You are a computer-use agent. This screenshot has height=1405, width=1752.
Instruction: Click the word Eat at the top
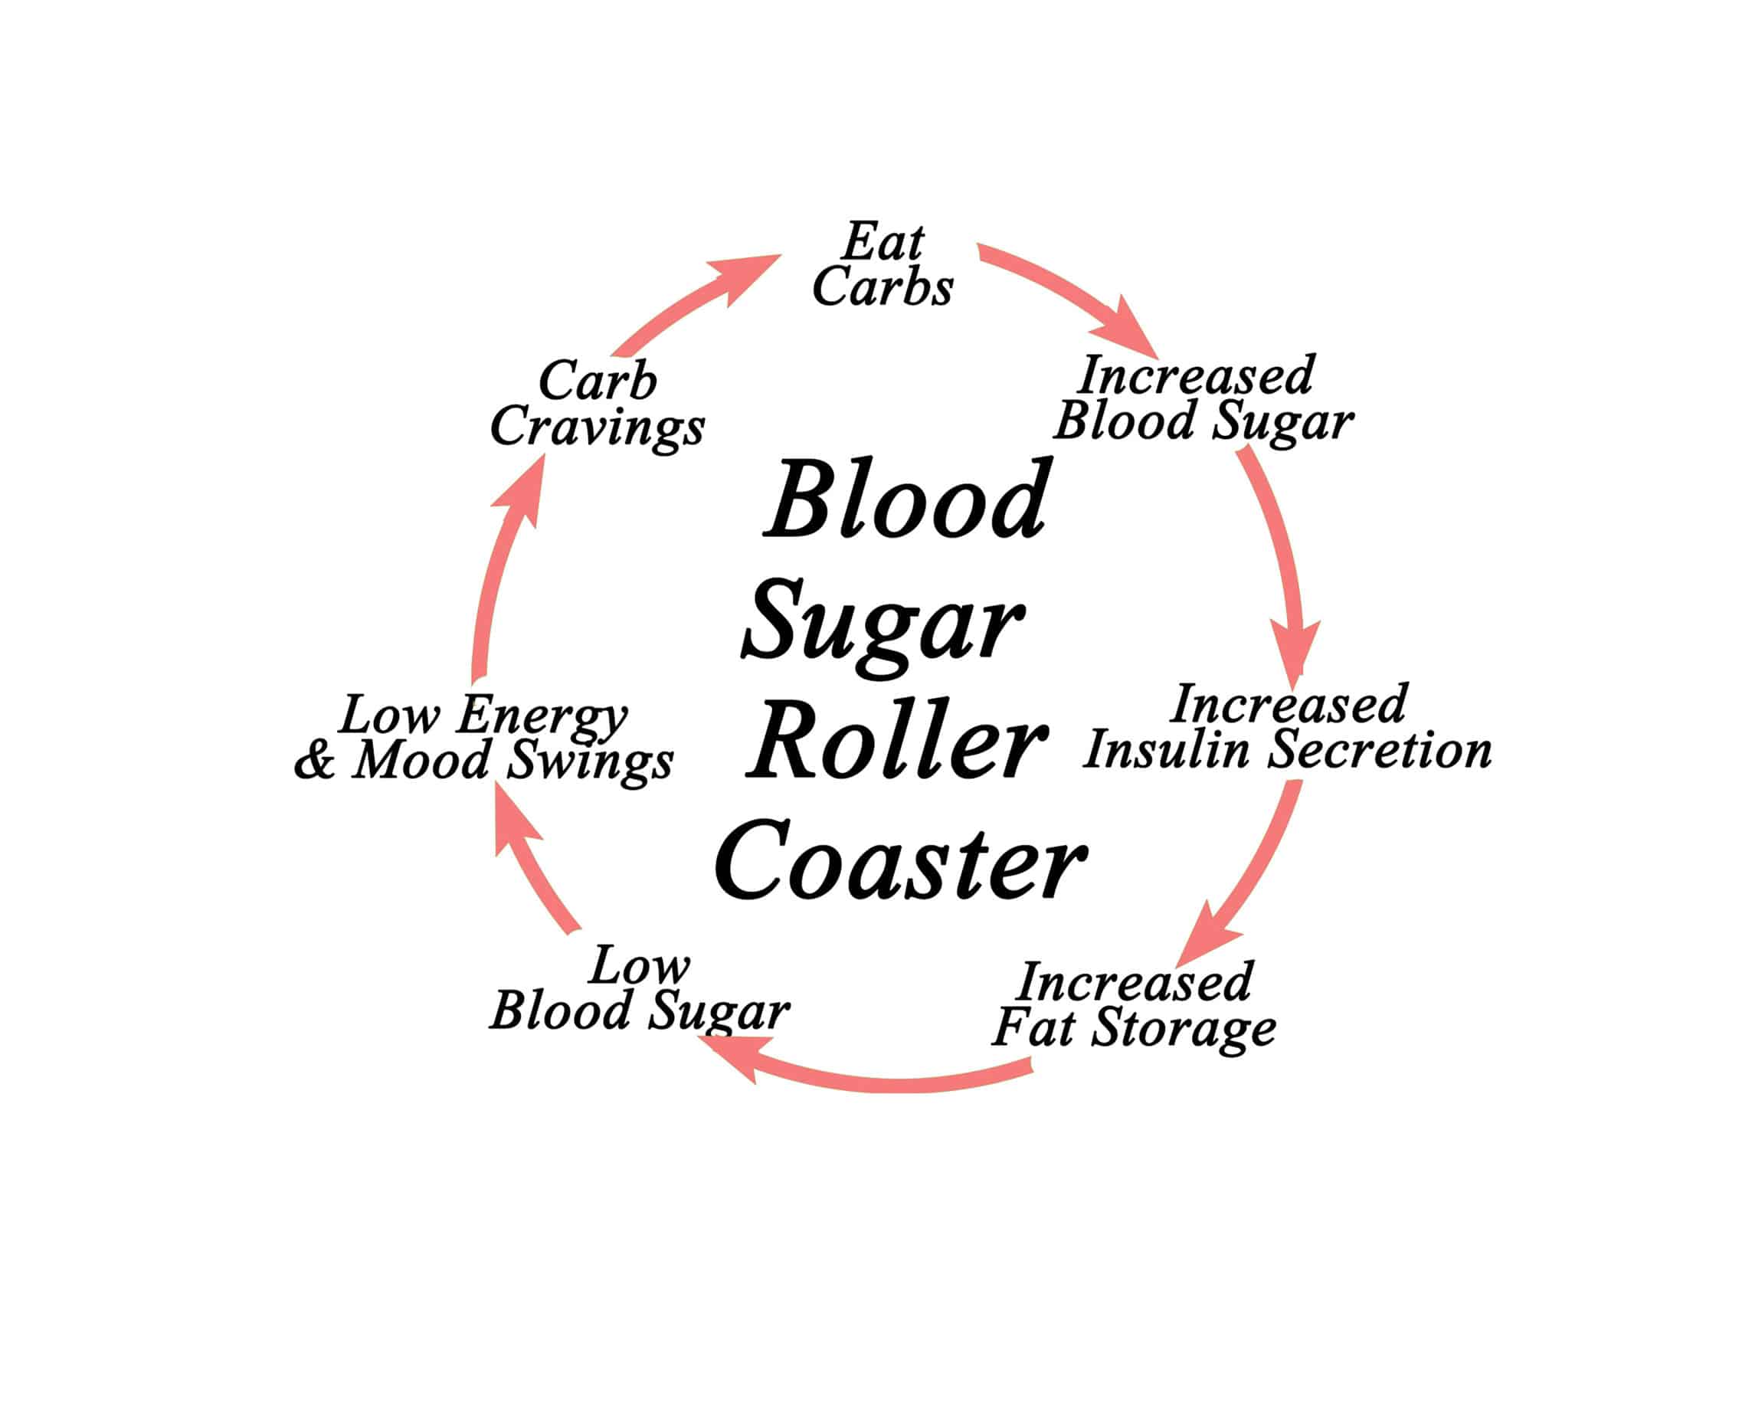pos(883,241)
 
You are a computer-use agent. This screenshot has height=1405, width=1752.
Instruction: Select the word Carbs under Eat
pos(883,287)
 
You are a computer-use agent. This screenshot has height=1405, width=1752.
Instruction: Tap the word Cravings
pos(598,428)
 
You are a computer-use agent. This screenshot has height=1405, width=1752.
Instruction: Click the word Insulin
pos(1167,749)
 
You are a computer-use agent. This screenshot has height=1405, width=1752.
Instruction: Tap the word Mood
pos(422,761)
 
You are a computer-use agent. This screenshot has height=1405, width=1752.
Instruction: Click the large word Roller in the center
pos(897,741)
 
